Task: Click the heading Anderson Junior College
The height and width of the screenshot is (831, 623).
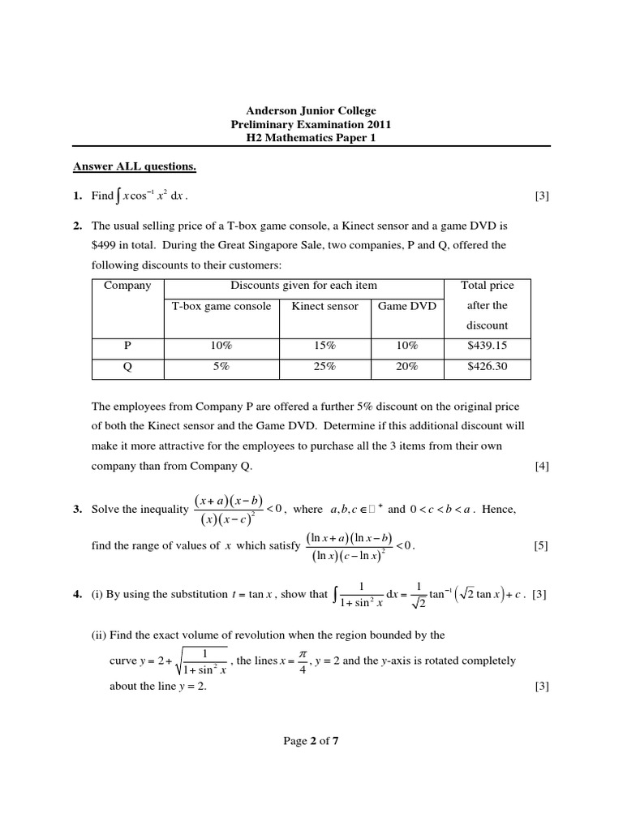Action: click(311, 110)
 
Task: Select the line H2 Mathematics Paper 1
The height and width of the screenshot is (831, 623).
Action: click(311, 138)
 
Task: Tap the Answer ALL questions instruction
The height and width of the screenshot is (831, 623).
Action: click(135, 167)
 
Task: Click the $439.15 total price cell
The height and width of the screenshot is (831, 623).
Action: click(487, 345)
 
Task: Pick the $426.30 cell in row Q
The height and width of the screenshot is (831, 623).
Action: click(487, 366)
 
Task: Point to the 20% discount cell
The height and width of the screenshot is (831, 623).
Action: click(406, 366)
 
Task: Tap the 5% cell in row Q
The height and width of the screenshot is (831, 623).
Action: click(221, 366)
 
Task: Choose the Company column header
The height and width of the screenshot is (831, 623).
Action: click(127, 286)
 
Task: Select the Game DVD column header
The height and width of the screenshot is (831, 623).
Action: click(406, 306)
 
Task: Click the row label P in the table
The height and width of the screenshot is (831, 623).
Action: click(127, 345)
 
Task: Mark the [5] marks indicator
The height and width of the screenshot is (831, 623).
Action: click(541, 545)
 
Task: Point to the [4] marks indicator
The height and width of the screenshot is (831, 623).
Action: click(541, 466)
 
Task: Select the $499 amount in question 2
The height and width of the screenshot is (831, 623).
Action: click(106, 244)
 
